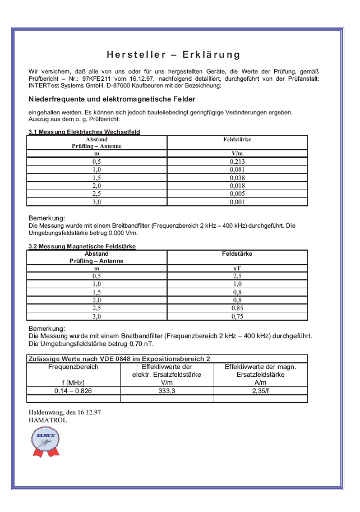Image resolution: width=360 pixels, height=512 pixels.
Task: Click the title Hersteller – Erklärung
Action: click(x=173, y=55)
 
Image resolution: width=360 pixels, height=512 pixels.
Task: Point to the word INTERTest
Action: click(x=44, y=86)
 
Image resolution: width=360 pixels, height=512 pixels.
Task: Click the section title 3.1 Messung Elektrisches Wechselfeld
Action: click(x=84, y=132)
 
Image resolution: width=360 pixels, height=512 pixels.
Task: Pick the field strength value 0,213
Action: click(x=237, y=162)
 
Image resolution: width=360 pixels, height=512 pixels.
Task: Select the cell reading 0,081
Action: click(x=237, y=169)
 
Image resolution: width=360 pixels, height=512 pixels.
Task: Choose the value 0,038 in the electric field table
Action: click(x=237, y=177)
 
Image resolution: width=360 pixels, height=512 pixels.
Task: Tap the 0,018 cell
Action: click(x=237, y=186)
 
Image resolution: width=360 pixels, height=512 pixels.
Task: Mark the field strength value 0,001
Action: click(x=237, y=201)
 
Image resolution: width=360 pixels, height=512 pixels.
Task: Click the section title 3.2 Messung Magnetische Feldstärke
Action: click(x=82, y=246)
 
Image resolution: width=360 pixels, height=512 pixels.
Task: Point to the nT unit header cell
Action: click(x=237, y=269)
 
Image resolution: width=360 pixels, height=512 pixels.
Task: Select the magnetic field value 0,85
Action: click(x=237, y=308)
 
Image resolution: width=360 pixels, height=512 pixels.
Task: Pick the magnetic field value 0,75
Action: click(x=237, y=316)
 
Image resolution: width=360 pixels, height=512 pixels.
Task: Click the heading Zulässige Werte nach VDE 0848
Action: click(x=119, y=358)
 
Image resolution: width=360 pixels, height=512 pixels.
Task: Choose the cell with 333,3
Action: click(x=167, y=390)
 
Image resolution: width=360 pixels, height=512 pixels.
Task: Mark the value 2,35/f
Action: click(x=261, y=390)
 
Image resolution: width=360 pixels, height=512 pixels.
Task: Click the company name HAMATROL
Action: click(x=48, y=419)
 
